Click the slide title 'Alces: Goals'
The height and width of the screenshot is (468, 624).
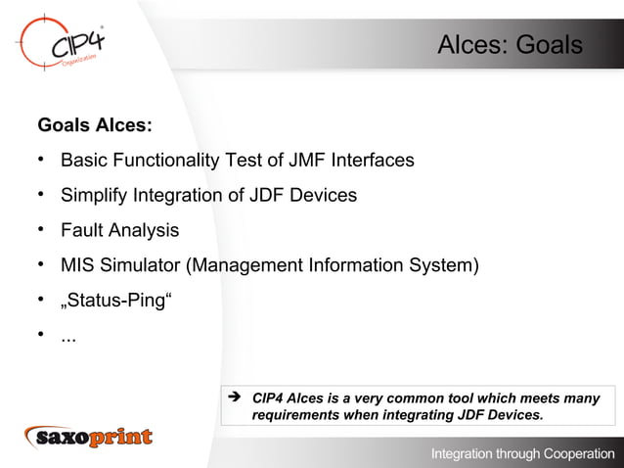510,46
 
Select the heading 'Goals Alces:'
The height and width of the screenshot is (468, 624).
94,126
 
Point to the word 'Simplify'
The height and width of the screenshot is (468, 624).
94,195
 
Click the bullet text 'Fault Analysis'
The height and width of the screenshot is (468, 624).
119,231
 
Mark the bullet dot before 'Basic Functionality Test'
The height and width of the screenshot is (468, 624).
43,160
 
